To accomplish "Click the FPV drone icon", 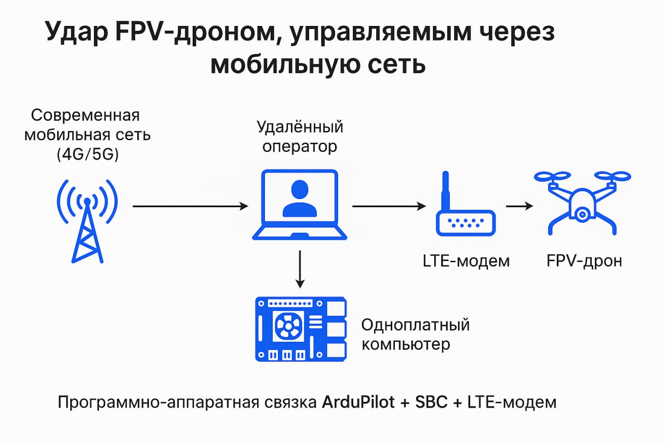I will pyautogui.click(x=582, y=203).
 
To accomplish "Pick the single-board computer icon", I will pyautogui.click(x=300, y=329).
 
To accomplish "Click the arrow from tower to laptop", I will pyautogui.click(x=190, y=206).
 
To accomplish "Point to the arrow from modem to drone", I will pyautogui.click(x=520, y=206).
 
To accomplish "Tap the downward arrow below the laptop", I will pyautogui.click(x=299, y=269).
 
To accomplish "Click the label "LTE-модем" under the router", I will pyautogui.click(x=466, y=260).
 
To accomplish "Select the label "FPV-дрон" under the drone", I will pyautogui.click(x=584, y=260).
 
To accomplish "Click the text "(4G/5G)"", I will pyautogui.click(x=87, y=155).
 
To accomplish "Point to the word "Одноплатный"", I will pyautogui.click(x=415, y=326).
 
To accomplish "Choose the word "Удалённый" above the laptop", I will pyautogui.click(x=300, y=127).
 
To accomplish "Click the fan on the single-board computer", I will pyautogui.click(x=286, y=326).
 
